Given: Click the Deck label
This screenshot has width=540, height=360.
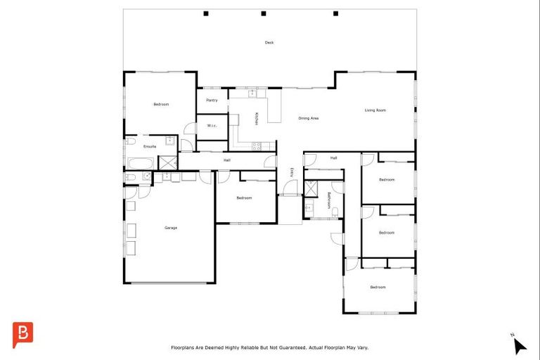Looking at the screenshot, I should (269, 43).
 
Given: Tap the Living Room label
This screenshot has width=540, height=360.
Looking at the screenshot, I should (375, 110).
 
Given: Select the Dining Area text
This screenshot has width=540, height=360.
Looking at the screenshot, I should (309, 118).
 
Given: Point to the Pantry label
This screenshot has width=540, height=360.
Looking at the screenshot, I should (212, 101).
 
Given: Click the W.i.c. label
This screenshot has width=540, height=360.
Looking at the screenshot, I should (212, 126).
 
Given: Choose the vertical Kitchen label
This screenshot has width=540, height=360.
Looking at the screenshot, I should (257, 119).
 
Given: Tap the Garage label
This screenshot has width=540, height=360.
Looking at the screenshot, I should (171, 228).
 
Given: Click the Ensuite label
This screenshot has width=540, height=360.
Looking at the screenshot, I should (150, 146).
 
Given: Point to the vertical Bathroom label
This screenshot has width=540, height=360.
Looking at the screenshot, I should (328, 200).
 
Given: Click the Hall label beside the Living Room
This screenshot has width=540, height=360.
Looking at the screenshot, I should (333, 158).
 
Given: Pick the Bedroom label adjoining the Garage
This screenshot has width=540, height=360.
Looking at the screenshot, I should (244, 198).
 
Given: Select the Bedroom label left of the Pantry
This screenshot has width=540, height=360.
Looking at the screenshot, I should (161, 105).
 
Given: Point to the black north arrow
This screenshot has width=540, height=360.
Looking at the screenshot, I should (519, 345).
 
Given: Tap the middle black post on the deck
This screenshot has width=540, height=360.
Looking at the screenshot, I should (263, 13).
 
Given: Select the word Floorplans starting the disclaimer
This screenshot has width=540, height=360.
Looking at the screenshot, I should (185, 347).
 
